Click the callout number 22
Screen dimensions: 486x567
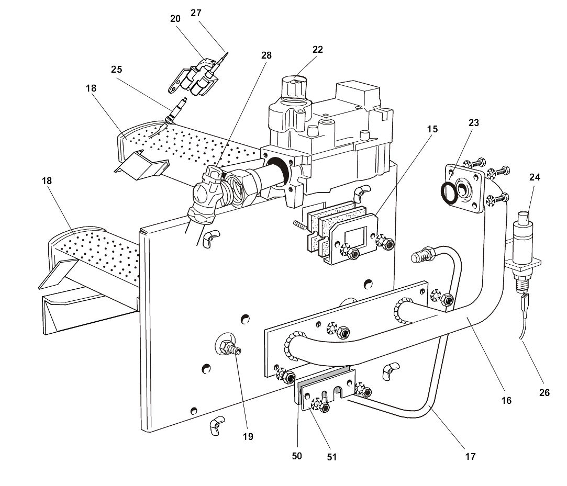click(318, 50)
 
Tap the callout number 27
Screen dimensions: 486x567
click(196, 13)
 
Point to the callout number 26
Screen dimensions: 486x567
click(544, 392)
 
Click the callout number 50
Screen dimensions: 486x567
click(297, 456)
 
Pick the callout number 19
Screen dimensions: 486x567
click(248, 436)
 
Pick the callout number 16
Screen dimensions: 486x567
click(506, 401)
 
